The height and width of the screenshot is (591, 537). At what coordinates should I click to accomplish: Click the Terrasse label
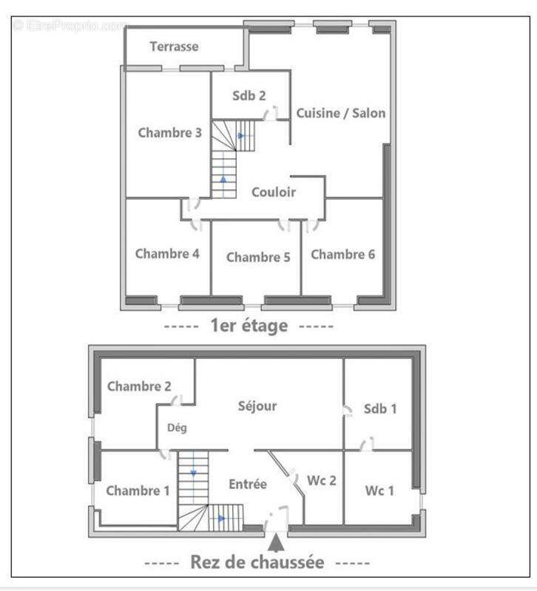tap(174, 47)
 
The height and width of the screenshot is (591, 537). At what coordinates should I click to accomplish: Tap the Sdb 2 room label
tap(249, 96)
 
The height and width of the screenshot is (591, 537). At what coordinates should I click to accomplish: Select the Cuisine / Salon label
tap(341, 113)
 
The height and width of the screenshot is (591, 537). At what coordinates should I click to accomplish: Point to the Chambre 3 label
tap(170, 133)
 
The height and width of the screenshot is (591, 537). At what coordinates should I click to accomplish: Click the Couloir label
tap(274, 192)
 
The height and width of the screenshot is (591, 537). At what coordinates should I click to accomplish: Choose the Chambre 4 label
tap(167, 253)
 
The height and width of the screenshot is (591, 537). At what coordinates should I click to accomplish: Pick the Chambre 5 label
tap(258, 257)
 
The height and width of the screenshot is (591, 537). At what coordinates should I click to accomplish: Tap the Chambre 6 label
tap(342, 254)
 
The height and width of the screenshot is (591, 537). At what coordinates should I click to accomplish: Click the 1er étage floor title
tap(249, 325)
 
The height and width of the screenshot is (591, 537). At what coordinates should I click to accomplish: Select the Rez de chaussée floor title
tap(257, 562)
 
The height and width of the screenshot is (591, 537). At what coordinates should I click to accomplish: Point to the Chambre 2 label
tap(139, 386)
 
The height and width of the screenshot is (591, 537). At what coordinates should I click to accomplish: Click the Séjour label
tap(257, 406)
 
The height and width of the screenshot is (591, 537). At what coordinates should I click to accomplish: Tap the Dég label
tap(177, 428)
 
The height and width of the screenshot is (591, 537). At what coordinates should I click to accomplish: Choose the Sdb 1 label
tap(380, 409)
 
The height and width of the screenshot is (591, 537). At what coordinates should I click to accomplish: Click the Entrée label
tap(248, 484)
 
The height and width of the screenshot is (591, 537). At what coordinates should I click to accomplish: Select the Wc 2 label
tap(321, 481)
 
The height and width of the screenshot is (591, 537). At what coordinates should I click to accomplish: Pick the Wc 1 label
tap(379, 491)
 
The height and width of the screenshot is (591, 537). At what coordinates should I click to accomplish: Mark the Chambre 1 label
tap(138, 491)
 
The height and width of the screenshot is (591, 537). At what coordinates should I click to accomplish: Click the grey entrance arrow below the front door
tap(276, 543)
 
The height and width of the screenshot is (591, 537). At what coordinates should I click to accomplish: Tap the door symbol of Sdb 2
tap(270, 113)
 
